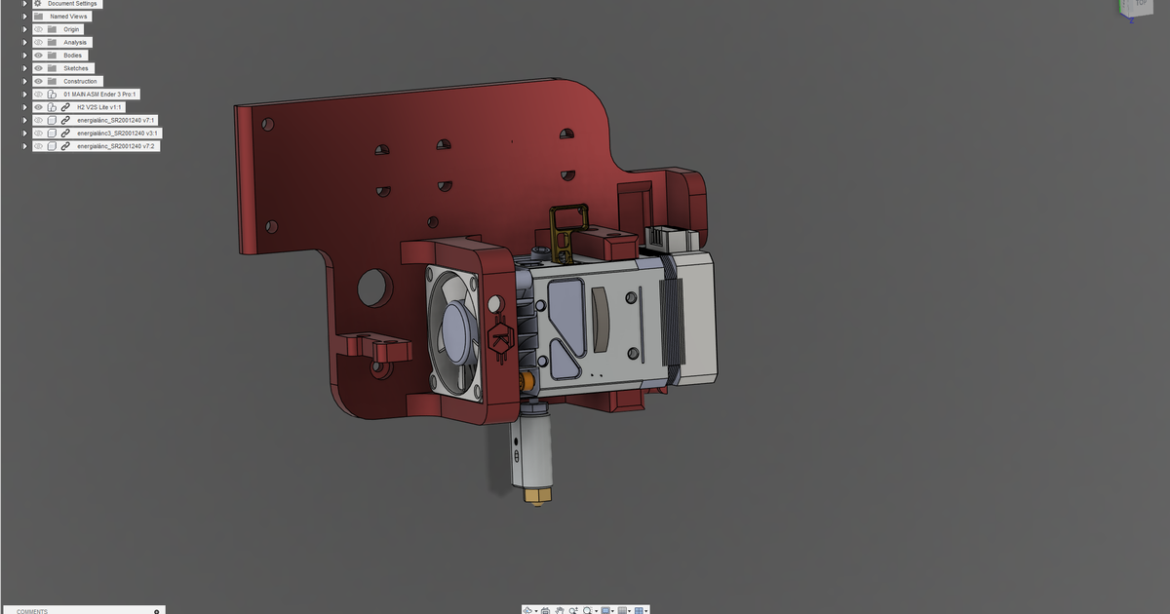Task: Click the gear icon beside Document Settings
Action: click(38, 4)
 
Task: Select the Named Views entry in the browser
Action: click(68, 17)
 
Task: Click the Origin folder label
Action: click(72, 29)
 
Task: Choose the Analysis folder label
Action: click(75, 43)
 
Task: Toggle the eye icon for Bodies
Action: click(39, 56)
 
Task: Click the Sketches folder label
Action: click(76, 68)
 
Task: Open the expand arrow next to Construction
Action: click(24, 81)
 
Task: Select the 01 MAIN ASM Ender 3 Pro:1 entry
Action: click(100, 95)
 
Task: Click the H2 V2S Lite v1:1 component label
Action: click(98, 107)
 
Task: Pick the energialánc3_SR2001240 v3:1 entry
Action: click(118, 133)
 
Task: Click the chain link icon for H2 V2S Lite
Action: click(65, 107)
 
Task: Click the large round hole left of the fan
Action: click(373, 287)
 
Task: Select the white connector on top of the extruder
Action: click(669, 237)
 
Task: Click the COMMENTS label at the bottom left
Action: click(32, 611)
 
